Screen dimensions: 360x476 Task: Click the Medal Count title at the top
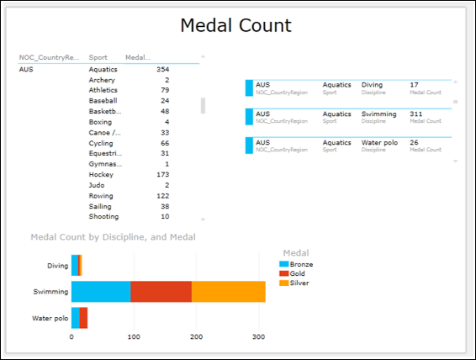coord(236,26)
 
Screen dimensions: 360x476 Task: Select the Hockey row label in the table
coord(103,174)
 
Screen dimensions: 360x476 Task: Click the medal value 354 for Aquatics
coord(162,69)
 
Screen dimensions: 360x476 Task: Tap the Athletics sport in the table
coord(103,90)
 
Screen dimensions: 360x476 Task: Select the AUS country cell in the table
coord(26,69)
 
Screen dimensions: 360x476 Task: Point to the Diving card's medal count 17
coord(415,85)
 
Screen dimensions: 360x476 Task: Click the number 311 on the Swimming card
coord(417,114)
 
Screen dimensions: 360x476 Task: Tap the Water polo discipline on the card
coord(379,142)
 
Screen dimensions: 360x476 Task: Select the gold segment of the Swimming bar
coord(161,291)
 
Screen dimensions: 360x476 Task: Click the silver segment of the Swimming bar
coord(229,291)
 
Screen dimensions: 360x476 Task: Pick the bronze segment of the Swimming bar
coord(101,291)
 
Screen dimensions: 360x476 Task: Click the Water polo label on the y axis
coord(50,318)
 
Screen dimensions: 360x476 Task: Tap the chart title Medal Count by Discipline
coord(113,237)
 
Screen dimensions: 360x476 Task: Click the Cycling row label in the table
coord(103,143)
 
